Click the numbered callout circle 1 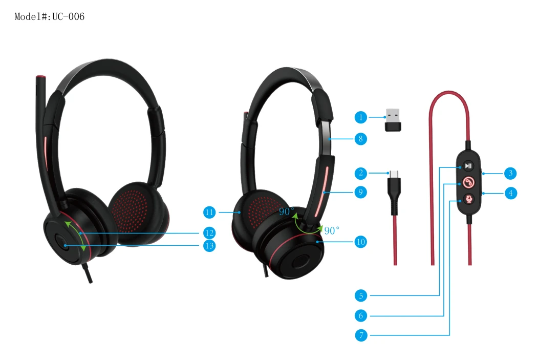(x=360, y=117)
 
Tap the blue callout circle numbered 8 (x=360, y=139)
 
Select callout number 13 (x=209, y=246)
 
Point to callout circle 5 (x=361, y=295)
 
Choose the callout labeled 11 (x=209, y=213)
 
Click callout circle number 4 (x=510, y=193)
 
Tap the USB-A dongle (x=393, y=120)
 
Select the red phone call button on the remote (x=468, y=182)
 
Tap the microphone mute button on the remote (x=468, y=199)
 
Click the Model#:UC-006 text (x=50, y=16)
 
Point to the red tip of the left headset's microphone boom (x=41, y=77)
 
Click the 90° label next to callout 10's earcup (x=332, y=230)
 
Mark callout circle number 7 (x=361, y=335)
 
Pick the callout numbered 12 (x=209, y=233)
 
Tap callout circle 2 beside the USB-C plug (x=360, y=173)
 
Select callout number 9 (x=360, y=192)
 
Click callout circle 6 (x=361, y=315)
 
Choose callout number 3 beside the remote (x=510, y=173)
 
